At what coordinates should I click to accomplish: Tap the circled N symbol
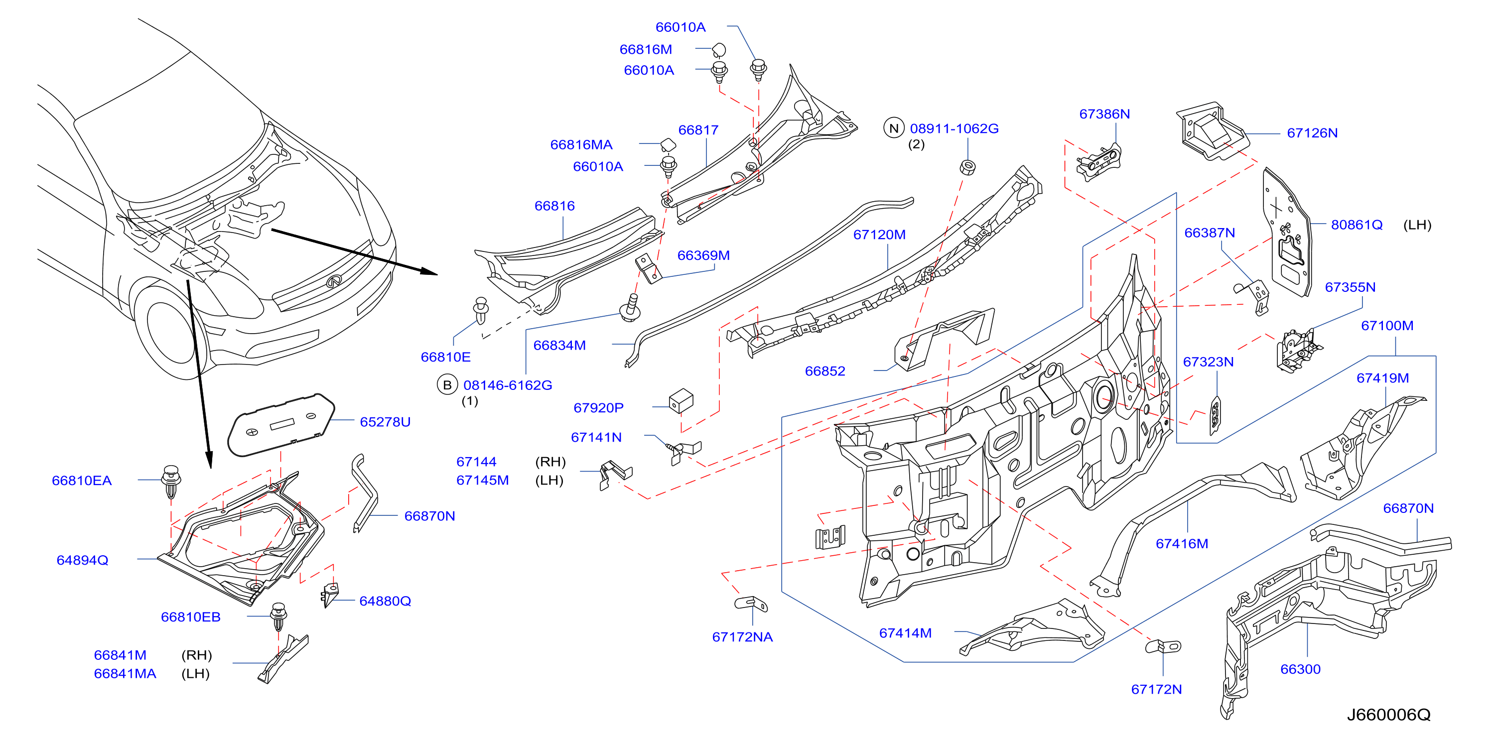point(894,128)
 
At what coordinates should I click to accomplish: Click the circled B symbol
point(447,385)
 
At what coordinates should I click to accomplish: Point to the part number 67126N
point(1312,133)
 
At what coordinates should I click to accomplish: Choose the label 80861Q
point(1356,225)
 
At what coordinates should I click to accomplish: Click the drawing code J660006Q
point(1388,715)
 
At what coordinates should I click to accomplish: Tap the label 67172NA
point(742,637)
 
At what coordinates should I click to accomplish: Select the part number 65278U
point(385,422)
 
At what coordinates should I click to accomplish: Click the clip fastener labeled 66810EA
point(170,481)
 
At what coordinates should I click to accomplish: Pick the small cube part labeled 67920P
point(681,401)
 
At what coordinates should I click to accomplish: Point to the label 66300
point(1300,669)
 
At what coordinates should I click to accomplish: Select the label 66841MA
point(125,674)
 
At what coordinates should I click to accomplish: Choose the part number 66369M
point(703,255)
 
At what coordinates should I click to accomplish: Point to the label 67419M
point(1382,378)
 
